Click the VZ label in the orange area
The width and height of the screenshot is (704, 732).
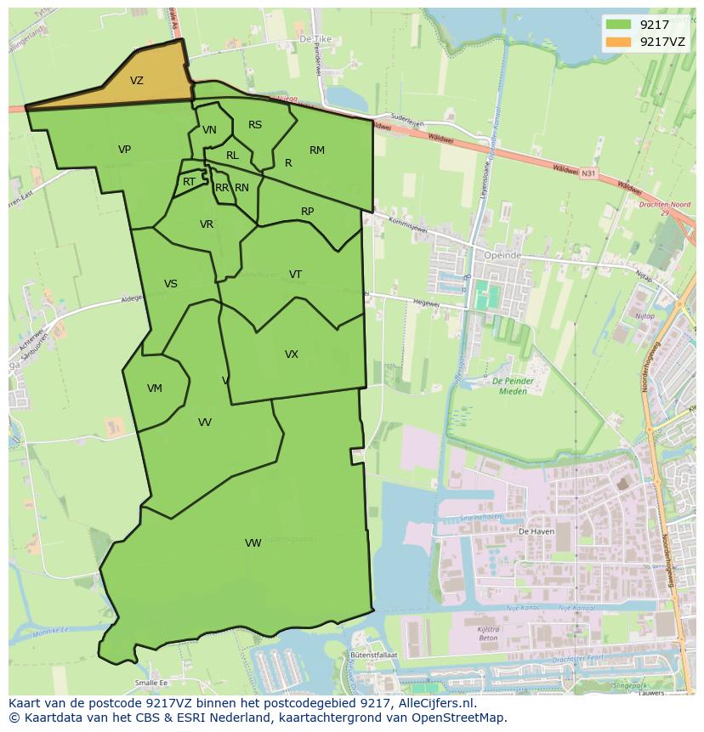coord(137,81)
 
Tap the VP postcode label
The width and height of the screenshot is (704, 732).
coord(124,150)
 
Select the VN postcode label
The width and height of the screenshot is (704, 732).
coord(209,130)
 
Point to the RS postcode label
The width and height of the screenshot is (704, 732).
coord(255,125)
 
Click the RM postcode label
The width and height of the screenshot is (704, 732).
coord(317,150)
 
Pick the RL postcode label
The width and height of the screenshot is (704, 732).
coord(232,156)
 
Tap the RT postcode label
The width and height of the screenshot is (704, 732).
coord(189,182)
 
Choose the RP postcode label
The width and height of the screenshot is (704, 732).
coord(308,212)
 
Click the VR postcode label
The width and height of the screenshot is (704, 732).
coord(207,224)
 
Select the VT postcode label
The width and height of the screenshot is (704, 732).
coord(295,275)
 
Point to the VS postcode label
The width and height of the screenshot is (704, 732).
coord(171,284)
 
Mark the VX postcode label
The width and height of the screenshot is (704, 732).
coord(292,355)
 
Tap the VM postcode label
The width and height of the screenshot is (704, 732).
coord(154,389)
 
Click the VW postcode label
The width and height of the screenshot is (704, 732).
coord(253,543)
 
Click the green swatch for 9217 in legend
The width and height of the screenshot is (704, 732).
coord(617,24)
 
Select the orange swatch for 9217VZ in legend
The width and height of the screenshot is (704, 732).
coord(617,41)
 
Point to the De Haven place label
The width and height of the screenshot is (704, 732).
coord(536,531)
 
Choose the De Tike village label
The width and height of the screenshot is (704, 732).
coord(315,39)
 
